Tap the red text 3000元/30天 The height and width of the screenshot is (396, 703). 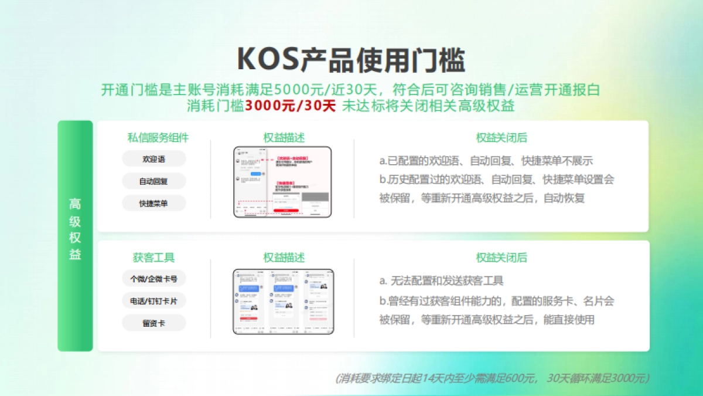(290, 106)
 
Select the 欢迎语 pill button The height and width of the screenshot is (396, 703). (153, 159)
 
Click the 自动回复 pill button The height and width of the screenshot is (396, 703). (153, 181)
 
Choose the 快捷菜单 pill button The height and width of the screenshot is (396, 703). (153, 204)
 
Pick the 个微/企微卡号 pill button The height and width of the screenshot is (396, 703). (153, 279)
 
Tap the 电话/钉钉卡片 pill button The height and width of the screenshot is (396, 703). (153, 301)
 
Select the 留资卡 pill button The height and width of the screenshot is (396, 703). (153, 323)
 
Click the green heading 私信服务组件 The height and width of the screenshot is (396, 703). (158, 138)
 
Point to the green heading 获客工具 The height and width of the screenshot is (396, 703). (153, 258)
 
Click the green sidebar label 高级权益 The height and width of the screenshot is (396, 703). (75, 229)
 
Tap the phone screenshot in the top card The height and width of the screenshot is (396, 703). (282, 182)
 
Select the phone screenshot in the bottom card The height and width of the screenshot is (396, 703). (283, 302)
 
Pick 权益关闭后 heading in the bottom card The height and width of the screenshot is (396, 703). (501, 258)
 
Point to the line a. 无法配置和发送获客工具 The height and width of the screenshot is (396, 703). (441, 281)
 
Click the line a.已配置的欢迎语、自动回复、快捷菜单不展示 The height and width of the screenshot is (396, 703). (486, 161)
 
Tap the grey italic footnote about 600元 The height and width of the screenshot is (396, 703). (492, 378)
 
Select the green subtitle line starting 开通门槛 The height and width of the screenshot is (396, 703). (350, 90)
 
